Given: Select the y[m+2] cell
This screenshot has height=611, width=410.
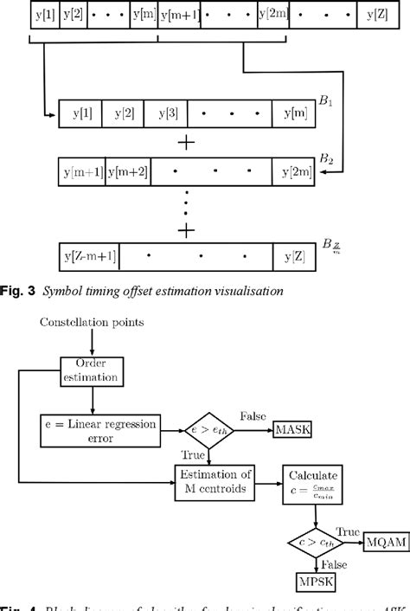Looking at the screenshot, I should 128,171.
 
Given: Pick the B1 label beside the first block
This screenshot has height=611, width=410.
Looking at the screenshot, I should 326,100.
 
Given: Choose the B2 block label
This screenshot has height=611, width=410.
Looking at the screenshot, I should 326,158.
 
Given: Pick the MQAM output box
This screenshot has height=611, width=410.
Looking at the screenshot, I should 386,541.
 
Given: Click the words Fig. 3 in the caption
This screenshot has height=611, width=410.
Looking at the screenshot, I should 22,292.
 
